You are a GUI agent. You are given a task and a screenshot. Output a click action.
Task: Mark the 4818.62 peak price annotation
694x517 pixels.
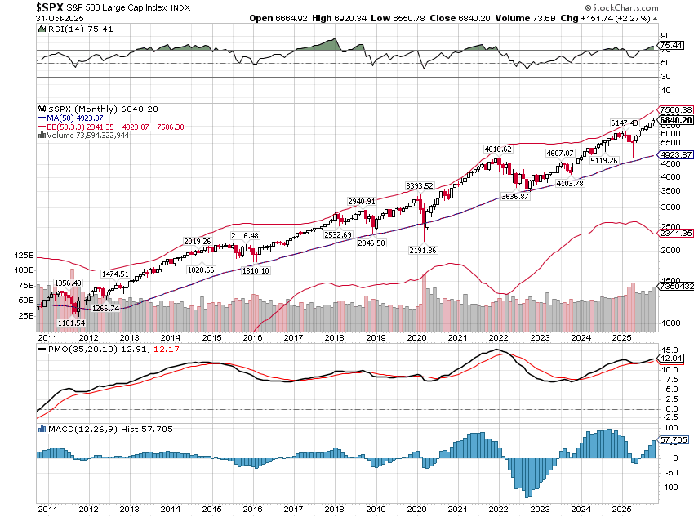tap(497, 149)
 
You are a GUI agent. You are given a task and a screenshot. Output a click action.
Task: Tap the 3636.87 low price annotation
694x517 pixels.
tap(516, 196)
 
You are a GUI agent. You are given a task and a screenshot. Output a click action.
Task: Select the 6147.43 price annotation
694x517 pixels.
tap(624, 123)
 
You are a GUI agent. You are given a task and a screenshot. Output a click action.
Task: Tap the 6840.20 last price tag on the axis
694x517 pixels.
tap(677, 120)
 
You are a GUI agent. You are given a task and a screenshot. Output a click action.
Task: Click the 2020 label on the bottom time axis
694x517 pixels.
tap(417, 336)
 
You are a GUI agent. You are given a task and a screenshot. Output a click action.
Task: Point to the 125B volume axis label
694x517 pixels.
tap(24, 255)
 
